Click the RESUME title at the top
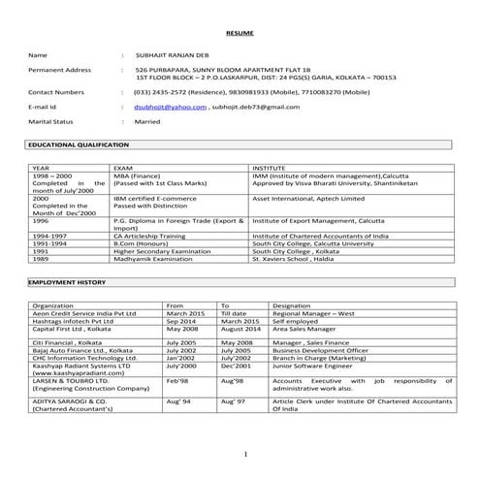[x=239, y=34]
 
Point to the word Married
[x=147, y=122]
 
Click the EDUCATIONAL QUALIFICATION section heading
[x=79, y=144]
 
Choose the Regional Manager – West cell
[x=313, y=313]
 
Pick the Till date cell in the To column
[x=234, y=313]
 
